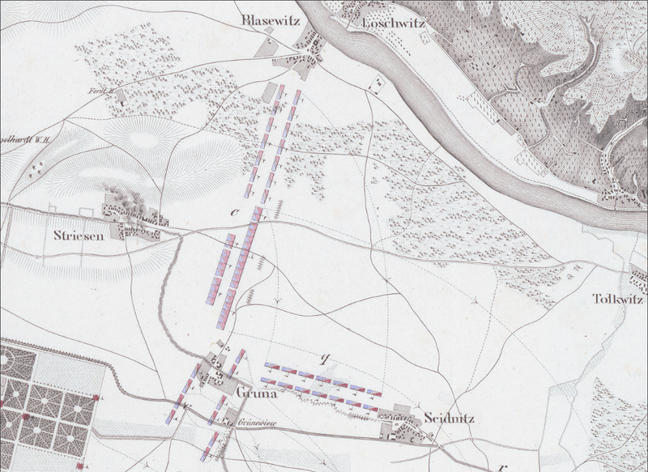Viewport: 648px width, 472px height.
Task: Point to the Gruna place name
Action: point(258,394)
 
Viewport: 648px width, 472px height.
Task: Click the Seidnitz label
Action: point(448,419)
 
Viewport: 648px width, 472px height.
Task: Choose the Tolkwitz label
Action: point(618,299)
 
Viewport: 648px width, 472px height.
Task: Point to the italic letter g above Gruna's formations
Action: point(326,356)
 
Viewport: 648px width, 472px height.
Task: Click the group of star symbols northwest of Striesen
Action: point(35,168)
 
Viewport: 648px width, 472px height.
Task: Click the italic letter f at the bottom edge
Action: point(503,467)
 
